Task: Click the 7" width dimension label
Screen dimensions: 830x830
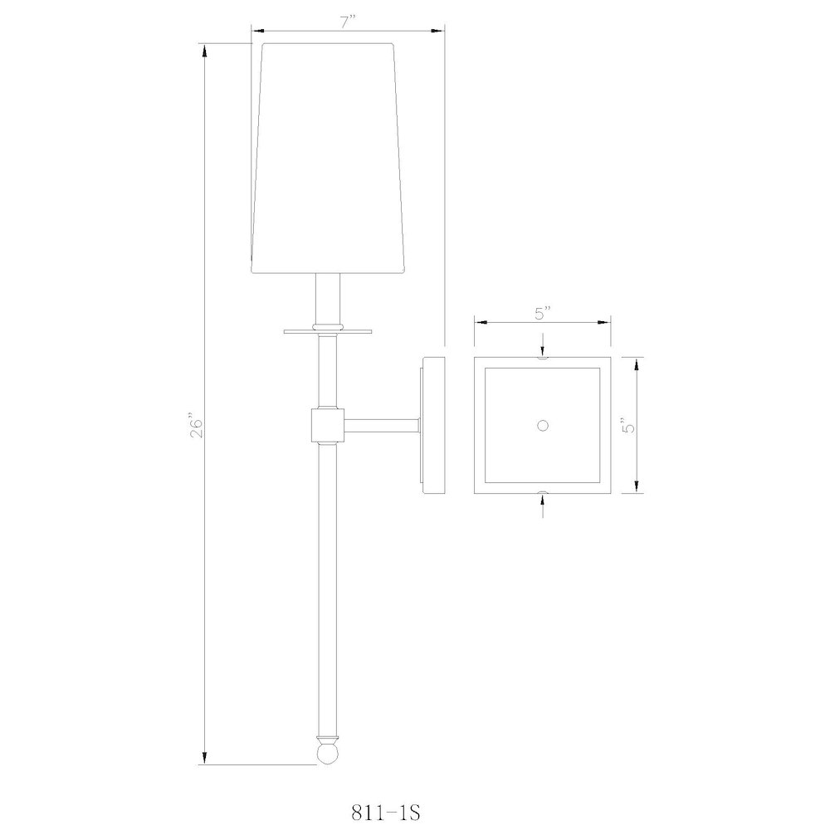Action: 347,24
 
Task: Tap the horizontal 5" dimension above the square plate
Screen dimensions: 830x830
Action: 543,314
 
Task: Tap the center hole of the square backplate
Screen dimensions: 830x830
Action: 543,426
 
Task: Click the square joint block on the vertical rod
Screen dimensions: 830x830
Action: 327,425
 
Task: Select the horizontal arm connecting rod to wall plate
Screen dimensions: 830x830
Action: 382,426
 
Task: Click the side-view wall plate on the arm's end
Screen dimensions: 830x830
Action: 434,425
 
